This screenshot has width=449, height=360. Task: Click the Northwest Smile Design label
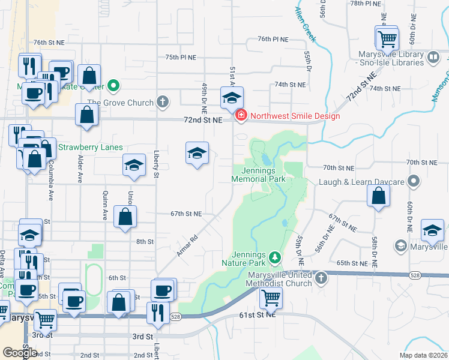[295, 116]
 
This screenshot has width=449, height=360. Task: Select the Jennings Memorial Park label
[259, 175]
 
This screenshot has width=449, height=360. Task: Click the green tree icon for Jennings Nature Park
[276, 257]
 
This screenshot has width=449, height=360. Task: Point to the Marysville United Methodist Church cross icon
[322, 278]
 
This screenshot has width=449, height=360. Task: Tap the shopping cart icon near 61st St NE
[271, 297]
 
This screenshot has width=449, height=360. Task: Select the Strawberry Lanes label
[90, 147]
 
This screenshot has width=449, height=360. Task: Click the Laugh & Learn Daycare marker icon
[414, 180]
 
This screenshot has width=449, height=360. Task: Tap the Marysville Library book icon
[433, 58]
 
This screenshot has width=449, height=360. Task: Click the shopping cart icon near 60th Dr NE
[387, 38]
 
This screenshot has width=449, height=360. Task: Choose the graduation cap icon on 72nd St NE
[231, 98]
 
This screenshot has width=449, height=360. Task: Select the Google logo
[20, 352]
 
